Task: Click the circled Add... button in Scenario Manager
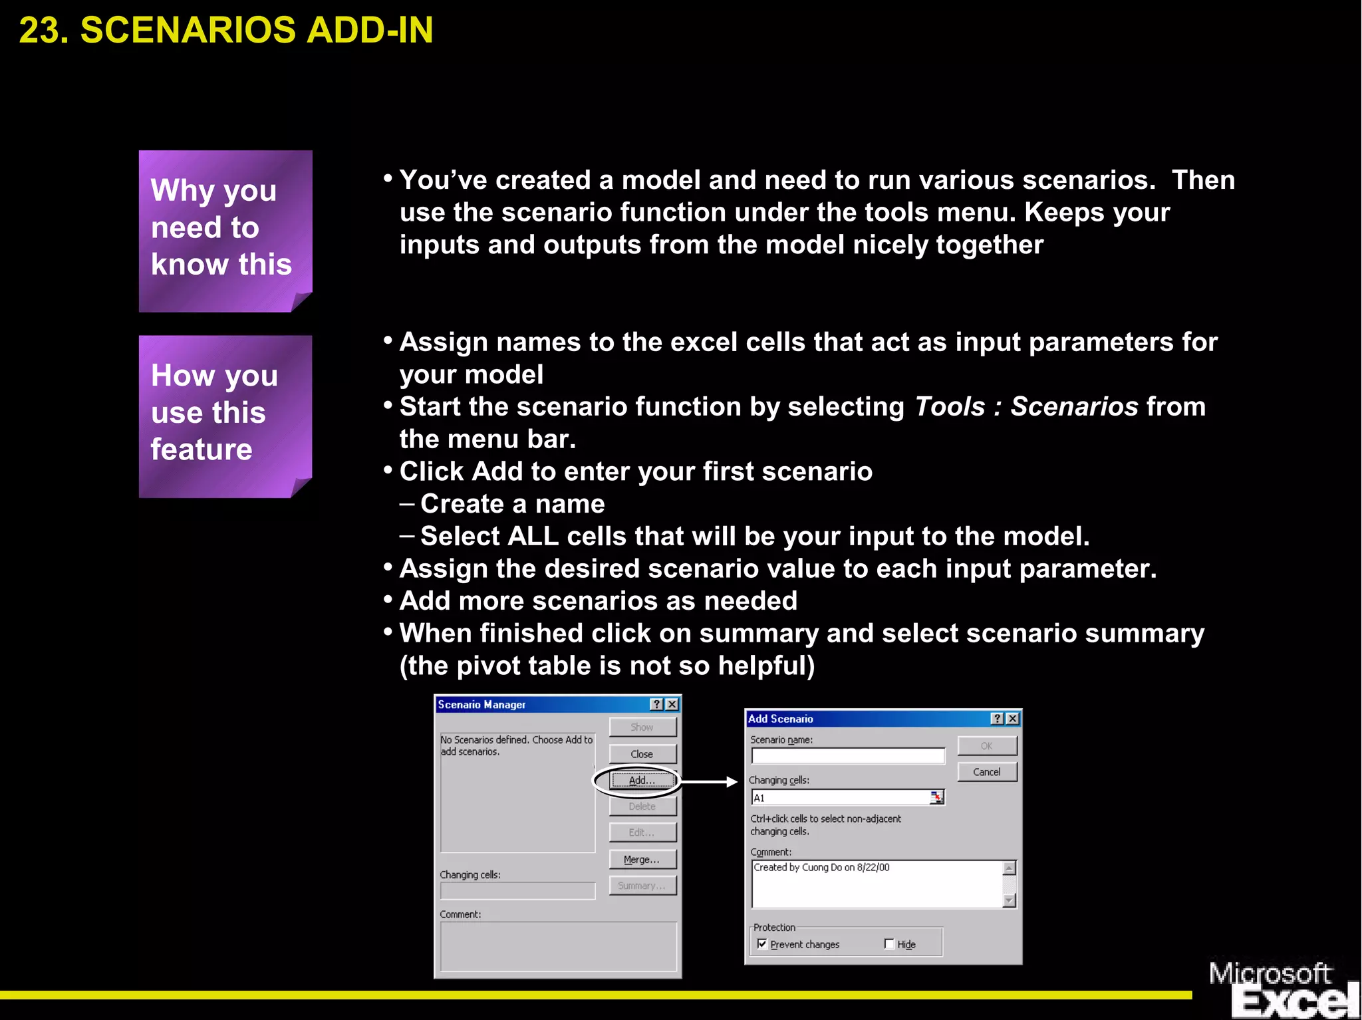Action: pyautogui.click(x=642, y=781)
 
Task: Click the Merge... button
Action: pyautogui.click(x=642, y=859)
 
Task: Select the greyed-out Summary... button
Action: pyautogui.click(x=642, y=886)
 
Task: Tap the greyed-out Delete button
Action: pyautogui.click(x=642, y=807)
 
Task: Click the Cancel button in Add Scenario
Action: pyautogui.click(x=987, y=772)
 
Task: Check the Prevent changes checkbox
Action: pyautogui.click(x=762, y=944)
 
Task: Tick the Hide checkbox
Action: pyautogui.click(x=889, y=944)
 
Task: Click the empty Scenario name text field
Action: pyautogui.click(x=848, y=756)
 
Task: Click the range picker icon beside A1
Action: pyautogui.click(x=936, y=797)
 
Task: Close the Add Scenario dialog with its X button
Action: pyautogui.click(x=1013, y=719)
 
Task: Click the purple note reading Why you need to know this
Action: pyautogui.click(x=225, y=230)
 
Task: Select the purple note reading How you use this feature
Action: pyautogui.click(x=225, y=415)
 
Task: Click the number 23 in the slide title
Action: pyautogui.click(x=42, y=31)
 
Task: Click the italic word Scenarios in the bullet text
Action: pyautogui.click(x=1074, y=407)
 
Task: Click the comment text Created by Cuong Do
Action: pyautogui.click(x=821, y=868)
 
